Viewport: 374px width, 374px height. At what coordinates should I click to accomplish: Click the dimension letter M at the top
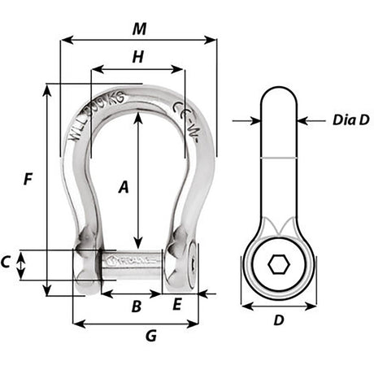tap(139, 28)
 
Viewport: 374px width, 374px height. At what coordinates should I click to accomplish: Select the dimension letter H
tap(137, 57)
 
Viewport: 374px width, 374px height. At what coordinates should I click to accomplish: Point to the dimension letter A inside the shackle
tap(124, 188)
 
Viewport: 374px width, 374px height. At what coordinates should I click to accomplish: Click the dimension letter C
tap(7, 262)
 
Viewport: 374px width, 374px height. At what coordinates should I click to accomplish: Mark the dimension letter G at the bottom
tap(150, 335)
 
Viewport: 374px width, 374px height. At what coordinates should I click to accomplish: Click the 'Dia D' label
tap(350, 120)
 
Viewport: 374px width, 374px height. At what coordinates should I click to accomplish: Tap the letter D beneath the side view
tap(278, 320)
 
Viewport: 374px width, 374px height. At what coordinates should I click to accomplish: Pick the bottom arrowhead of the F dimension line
tap(49, 294)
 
